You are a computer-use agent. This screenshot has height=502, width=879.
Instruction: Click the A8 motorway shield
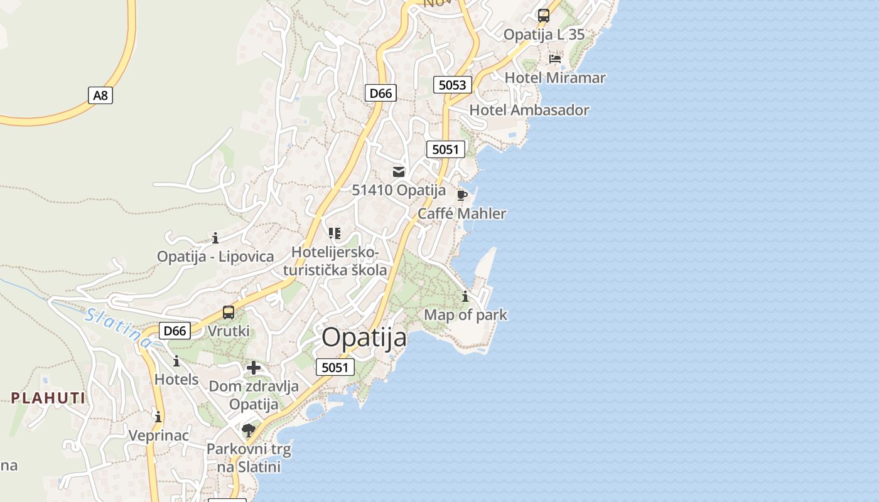click(x=100, y=95)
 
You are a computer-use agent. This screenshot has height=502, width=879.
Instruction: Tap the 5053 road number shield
click(x=452, y=85)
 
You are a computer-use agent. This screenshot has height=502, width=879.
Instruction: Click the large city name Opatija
click(x=364, y=338)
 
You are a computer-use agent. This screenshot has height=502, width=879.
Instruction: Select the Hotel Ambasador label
click(x=529, y=110)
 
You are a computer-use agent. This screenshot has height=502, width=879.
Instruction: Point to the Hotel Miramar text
click(x=555, y=78)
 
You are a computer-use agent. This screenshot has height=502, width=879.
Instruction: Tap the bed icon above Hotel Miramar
click(x=555, y=59)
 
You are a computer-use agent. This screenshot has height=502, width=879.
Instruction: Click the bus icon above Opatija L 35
click(x=544, y=16)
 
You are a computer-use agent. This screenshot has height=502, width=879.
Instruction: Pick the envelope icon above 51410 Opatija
click(x=399, y=171)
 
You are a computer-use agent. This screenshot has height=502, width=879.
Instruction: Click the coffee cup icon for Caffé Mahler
click(x=462, y=195)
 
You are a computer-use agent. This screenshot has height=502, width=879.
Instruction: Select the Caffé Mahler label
click(x=461, y=214)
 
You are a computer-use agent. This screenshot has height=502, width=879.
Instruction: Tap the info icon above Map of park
click(x=465, y=296)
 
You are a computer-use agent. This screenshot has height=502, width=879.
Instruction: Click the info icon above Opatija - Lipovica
click(x=215, y=238)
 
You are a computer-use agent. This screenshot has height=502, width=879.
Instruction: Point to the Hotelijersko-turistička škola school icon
click(x=335, y=233)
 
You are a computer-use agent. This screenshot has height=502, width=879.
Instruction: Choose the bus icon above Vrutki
click(x=229, y=312)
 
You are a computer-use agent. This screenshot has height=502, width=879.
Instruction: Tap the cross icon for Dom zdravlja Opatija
click(x=254, y=368)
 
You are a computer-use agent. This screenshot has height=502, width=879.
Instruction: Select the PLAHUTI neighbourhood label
click(x=48, y=398)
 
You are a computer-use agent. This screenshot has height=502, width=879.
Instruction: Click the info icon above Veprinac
click(x=158, y=417)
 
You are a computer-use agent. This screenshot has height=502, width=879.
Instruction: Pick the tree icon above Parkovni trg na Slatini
click(x=249, y=430)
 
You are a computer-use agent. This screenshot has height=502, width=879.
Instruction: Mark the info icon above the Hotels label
click(x=176, y=361)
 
